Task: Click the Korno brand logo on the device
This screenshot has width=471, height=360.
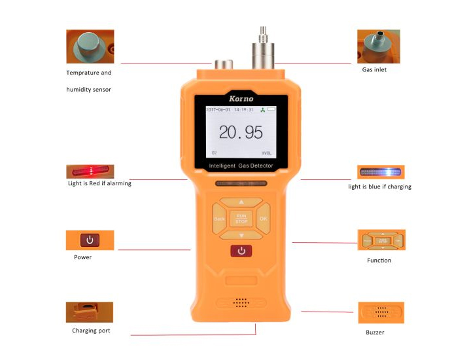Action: point(240,98)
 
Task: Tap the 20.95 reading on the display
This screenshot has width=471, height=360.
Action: point(240,133)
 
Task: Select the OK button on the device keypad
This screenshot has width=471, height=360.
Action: point(263,218)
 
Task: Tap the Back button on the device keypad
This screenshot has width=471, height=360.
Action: point(219,219)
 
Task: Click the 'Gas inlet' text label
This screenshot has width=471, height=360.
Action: point(374,69)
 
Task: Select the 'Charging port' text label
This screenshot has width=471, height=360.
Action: point(91,331)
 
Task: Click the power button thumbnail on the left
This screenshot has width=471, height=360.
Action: point(90,240)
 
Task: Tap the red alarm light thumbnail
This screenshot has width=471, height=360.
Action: point(90,171)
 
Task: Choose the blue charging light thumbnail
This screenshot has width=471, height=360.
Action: point(380,172)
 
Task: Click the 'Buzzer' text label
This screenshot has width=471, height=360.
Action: point(375,333)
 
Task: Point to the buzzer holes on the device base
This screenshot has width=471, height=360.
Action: point(241,302)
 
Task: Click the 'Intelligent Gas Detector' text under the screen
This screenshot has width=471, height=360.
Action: point(241,167)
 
